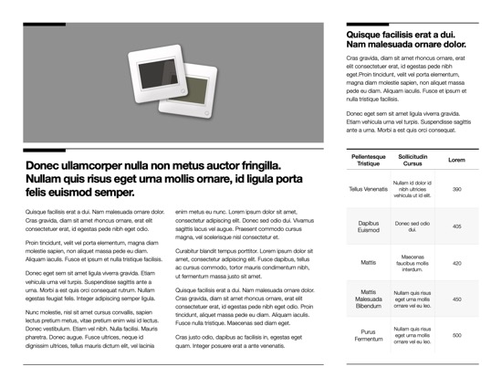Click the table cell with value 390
coord(456,189)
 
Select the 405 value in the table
coord(456,225)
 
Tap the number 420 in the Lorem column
coord(456,262)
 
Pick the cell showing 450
coord(456,299)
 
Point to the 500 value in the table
coord(456,335)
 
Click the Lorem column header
coord(456,160)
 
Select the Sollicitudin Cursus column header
coord(413,160)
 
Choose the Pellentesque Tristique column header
coord(369,160)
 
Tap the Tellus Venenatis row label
coord(369,189)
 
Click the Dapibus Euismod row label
coord(369,225)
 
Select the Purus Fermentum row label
coord(369,335)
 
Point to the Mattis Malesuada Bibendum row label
coord(369,299)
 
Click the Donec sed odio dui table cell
coord(413,225)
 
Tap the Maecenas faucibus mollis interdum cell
coord(413,262)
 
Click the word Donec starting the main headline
coord(46,166)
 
